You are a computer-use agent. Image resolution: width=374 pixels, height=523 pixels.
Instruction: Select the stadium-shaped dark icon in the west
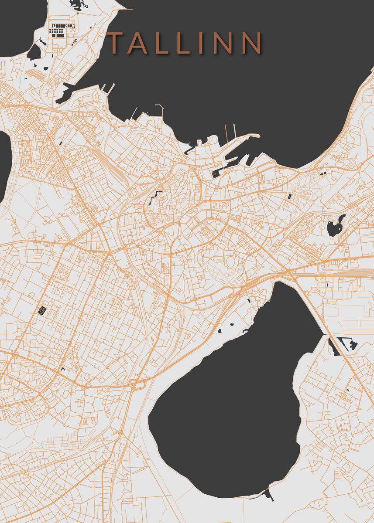tap(42, 310)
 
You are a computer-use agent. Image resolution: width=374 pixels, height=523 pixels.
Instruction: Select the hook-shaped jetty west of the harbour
tap(161, 109)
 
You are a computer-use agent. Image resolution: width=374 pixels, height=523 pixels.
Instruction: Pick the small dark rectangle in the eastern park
tap(289, 197)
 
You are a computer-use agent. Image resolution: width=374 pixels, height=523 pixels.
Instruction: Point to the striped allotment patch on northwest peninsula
tap(35, 75)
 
